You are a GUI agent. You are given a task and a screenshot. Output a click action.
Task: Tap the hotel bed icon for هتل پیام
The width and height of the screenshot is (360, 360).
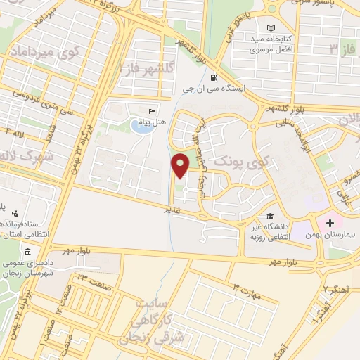[x=152, y=111]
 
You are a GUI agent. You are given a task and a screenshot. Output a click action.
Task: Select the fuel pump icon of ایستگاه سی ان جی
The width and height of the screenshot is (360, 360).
[x=213, y=78]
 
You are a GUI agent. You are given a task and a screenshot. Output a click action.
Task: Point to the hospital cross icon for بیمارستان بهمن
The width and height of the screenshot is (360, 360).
[x=330, y=223]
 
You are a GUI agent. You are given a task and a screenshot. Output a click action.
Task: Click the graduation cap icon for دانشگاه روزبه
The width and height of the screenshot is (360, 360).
[x=269, y=217]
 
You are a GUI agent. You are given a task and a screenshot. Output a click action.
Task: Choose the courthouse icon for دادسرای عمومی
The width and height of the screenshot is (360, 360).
[x=27, y=252]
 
